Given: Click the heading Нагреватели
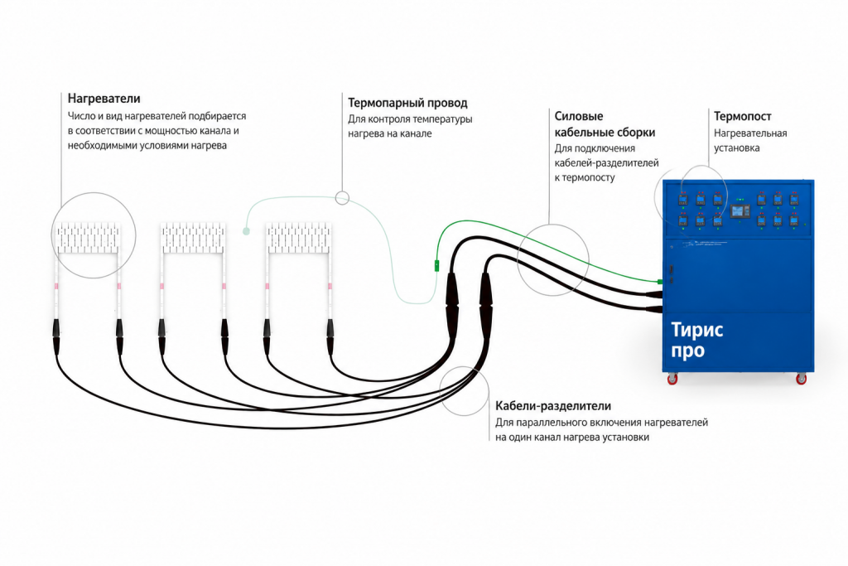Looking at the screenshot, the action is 104,99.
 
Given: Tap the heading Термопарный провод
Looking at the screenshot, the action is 407,103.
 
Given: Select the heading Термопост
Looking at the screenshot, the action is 742,116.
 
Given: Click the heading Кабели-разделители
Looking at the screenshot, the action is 552,406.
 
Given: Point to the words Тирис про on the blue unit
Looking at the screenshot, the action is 696,340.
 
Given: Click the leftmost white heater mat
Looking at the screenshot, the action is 88,238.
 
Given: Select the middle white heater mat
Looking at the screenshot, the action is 193,238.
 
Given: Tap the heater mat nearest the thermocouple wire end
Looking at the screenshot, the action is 298,238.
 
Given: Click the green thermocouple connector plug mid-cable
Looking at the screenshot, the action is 436,266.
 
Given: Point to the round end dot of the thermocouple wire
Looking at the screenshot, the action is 246,231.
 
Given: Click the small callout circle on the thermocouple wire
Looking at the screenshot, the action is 342,198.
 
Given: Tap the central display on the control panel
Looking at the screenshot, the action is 740,211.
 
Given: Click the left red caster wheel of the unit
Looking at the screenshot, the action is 672,379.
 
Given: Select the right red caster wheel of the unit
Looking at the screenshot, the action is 801,379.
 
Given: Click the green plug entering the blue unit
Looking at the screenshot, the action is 660,282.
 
